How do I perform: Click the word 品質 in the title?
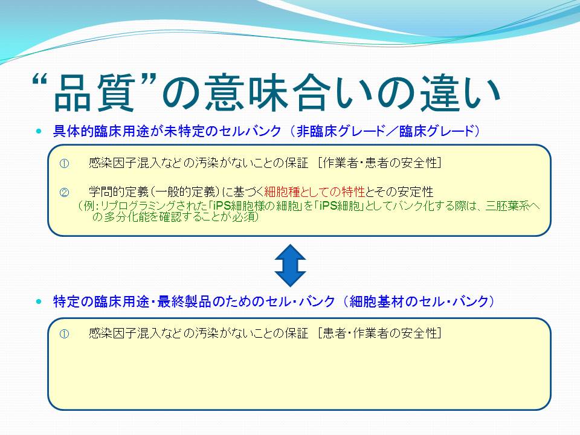[95, 92]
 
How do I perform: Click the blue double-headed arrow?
[291, 265]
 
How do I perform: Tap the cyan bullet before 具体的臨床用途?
[39, 131]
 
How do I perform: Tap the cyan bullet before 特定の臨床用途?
[39, 301]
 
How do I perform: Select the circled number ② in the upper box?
[65, 192]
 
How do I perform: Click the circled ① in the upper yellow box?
[65, 164]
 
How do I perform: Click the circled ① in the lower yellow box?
[65, 334]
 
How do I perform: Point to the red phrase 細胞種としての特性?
[315, 192]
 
